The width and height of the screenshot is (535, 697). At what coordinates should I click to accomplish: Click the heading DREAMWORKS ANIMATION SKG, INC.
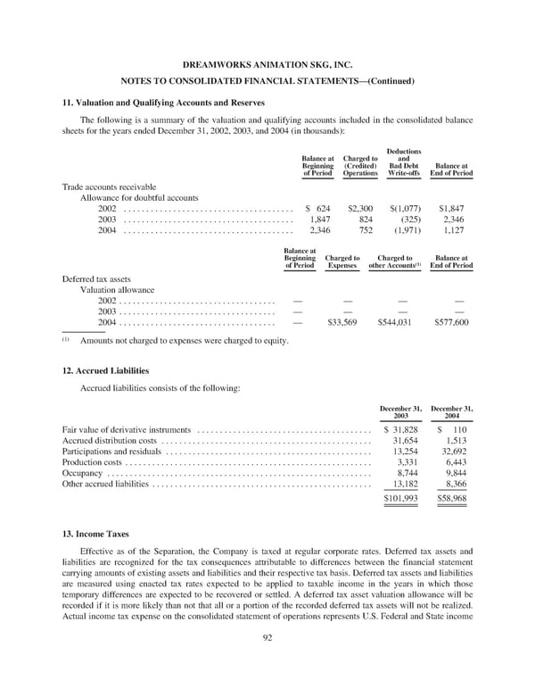[x=267, y=65]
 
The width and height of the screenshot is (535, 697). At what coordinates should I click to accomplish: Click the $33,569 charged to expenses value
[x=344, y=322]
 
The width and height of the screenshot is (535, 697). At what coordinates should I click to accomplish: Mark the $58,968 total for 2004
[x=452, y=499]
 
